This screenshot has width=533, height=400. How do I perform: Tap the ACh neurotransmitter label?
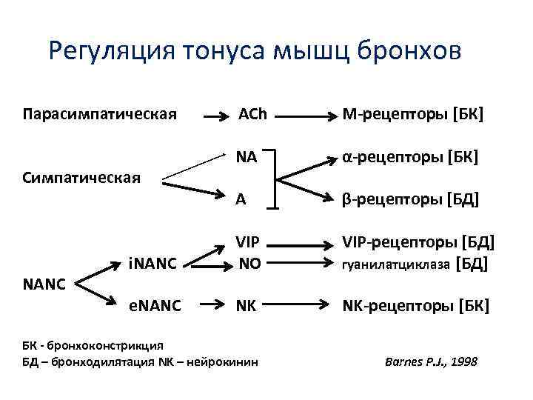click(252, 115)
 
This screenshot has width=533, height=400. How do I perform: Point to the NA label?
click(247, 157)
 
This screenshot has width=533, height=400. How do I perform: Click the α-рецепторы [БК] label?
click(410, 157)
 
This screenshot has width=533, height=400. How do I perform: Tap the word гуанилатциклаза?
click(396, 264)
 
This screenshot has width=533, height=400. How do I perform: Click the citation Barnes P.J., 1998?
click(432, 361)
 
